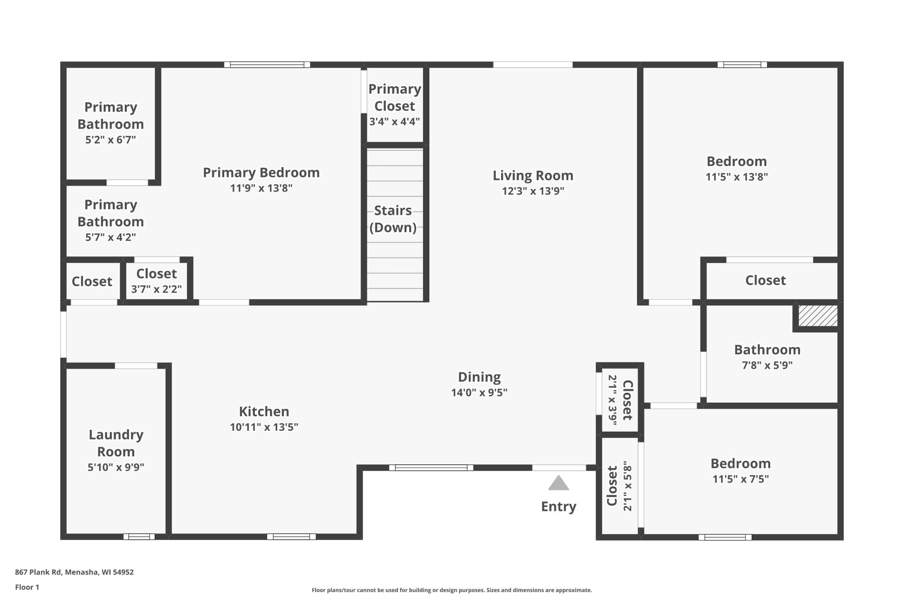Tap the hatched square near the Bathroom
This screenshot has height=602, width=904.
coord(818,316)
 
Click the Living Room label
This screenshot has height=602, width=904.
coord(533,176)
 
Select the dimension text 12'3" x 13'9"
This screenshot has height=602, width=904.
coord(533,191)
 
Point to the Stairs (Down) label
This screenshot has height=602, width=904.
coord(393,219)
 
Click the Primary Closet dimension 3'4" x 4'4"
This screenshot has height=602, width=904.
coord(395,122)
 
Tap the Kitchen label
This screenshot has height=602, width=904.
coord(264,412)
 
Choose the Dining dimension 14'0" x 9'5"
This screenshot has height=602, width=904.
coord(479,393)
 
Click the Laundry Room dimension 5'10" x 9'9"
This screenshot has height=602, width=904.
coord(116,467)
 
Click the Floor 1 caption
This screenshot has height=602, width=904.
coord(27,587)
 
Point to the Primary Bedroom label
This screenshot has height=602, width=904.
coord(261,173)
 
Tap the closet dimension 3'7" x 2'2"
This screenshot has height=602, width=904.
coord(156,289)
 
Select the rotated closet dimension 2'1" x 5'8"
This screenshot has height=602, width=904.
coord(627,486)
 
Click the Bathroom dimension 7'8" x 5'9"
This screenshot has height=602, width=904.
coord(767,365)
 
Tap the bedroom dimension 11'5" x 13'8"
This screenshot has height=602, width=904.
coord(737,177)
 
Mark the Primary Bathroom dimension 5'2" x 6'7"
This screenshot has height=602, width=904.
coord(111,140)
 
